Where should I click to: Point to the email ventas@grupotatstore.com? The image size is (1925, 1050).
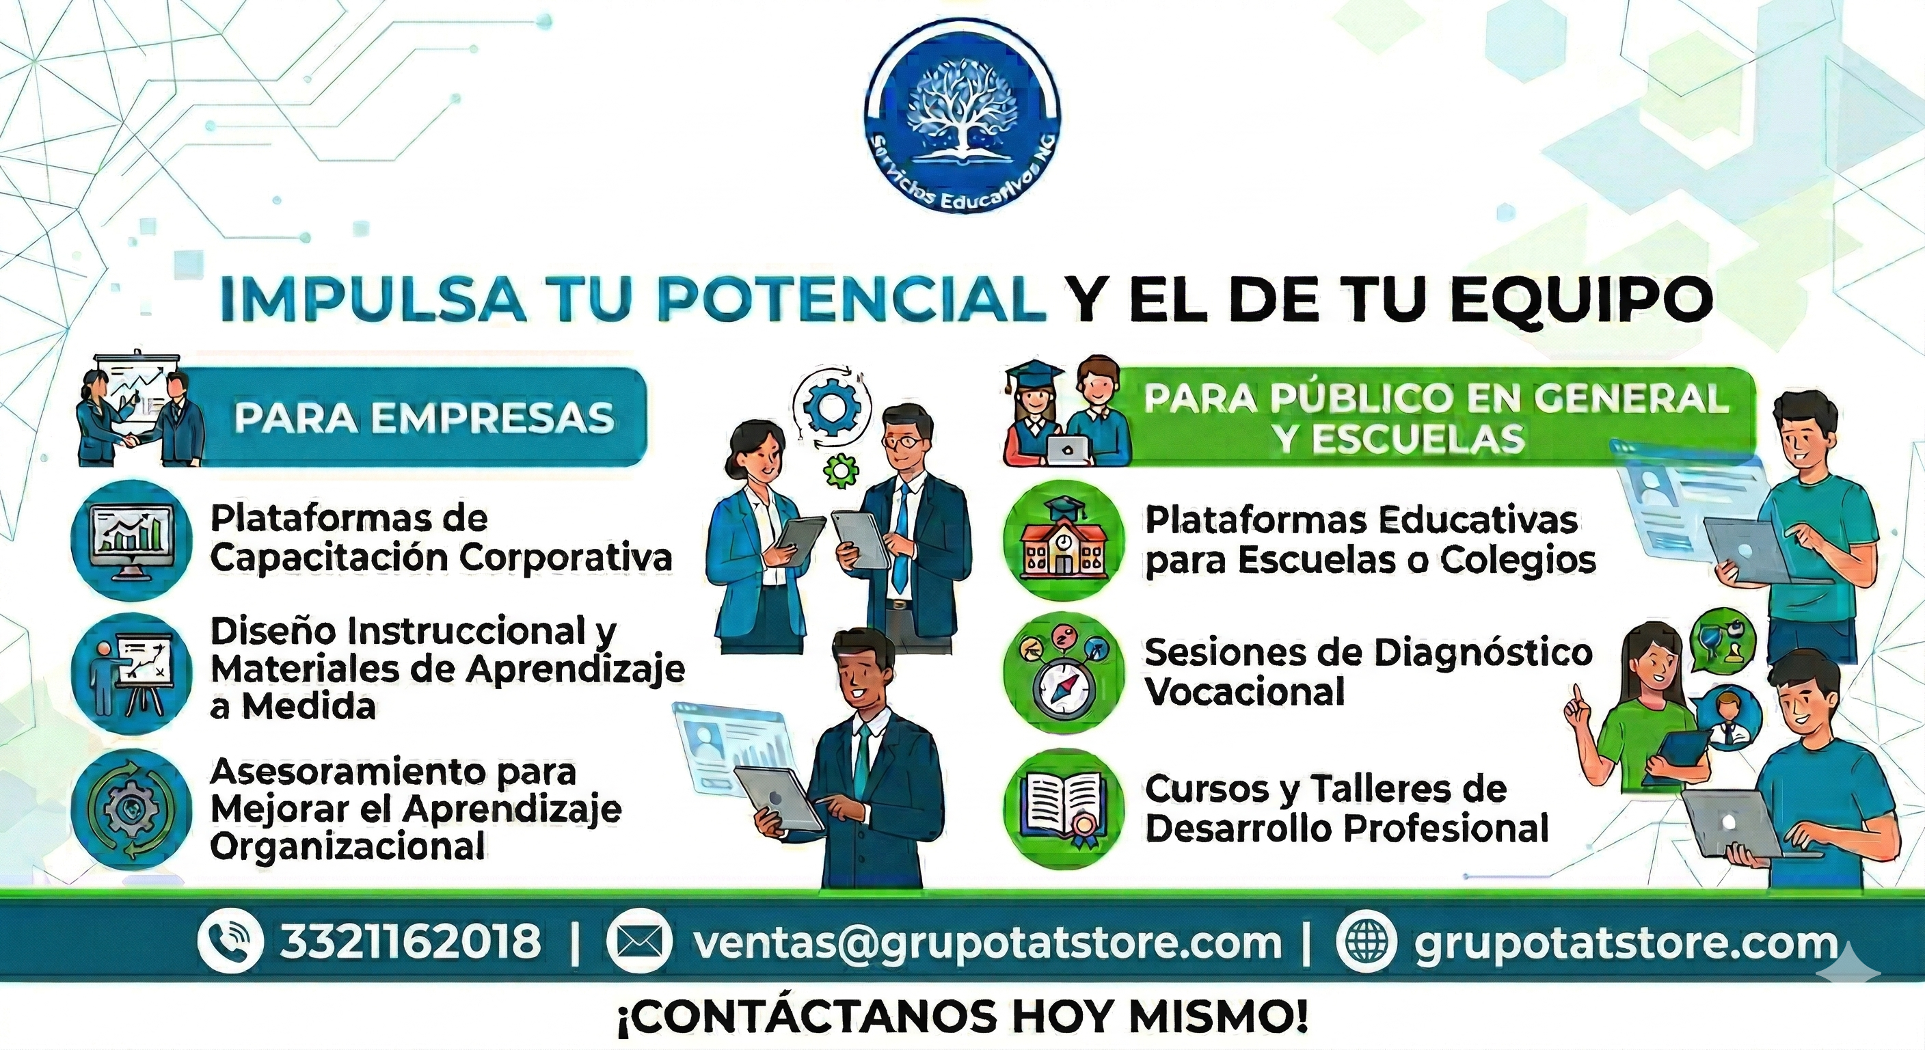pos(987,943)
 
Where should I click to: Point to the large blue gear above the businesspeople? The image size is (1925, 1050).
pos(832,408)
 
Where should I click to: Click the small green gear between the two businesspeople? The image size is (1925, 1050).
pos(842,471)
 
